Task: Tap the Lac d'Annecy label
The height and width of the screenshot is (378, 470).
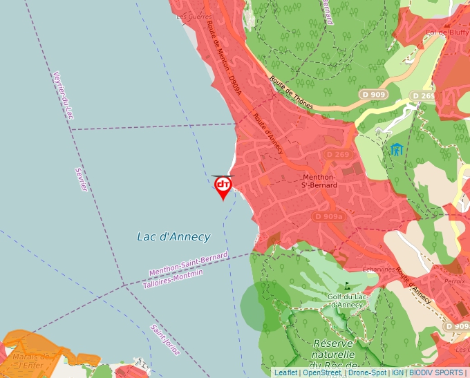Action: point(173,237)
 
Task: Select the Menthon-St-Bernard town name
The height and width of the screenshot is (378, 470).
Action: point(319,181)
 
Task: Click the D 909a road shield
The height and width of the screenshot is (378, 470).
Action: point(328,216)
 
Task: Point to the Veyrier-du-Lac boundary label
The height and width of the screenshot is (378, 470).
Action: point(63,95)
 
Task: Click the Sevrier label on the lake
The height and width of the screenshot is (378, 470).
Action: point(81,180)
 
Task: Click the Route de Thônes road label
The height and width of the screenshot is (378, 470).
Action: point(291,93)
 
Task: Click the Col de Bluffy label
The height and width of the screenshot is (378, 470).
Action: point(442,32)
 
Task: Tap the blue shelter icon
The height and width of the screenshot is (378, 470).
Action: point(397,149)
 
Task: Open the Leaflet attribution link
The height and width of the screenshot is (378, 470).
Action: point(285,372)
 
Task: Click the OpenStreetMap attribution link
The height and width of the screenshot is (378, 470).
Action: point(321,372)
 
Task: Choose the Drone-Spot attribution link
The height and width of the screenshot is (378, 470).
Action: point(367,372)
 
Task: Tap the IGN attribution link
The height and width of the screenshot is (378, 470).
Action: point(397,372)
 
